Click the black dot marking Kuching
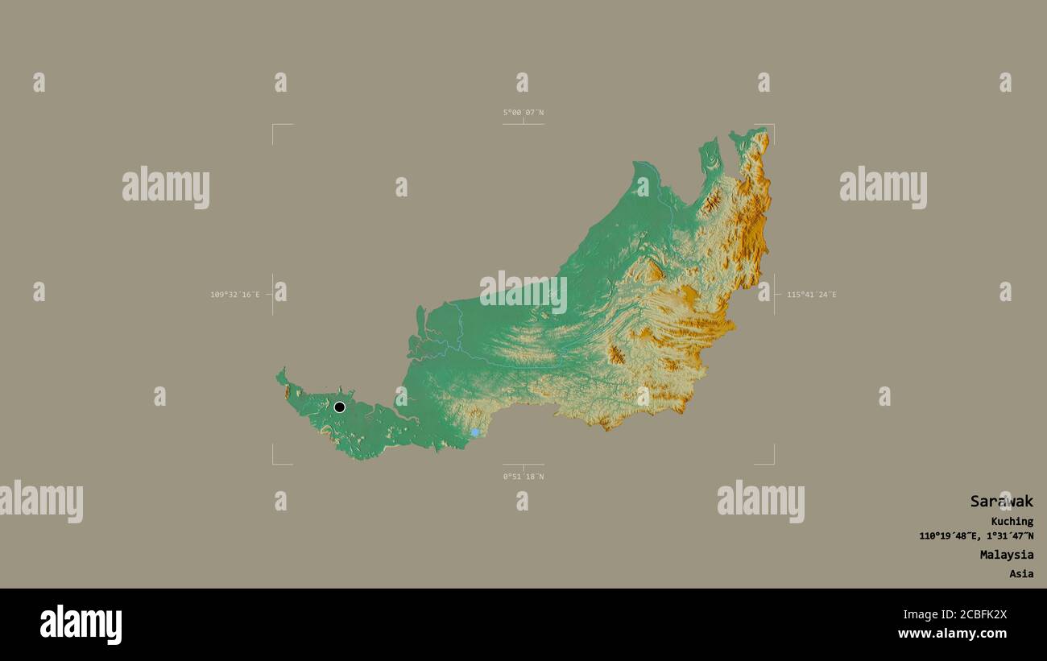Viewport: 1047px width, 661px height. [x=339, y=407]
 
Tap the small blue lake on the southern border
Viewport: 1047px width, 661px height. [x=475, y=432]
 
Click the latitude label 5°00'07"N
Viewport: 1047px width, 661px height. [x=523, y=113]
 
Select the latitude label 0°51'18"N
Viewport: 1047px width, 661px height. [x=523, y=477]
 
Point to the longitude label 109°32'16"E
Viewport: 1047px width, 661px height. [x=235, y=295]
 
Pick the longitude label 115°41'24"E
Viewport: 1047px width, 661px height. [x=811, y=295]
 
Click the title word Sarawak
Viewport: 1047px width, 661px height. [x=1001, y=501]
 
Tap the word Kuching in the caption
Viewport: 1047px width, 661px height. [x=1012, y=521]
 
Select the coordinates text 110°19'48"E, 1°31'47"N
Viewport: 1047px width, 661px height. [x=976, y=536]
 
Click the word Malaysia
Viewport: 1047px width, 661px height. [x=1007, y=555]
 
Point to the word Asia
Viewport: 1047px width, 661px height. [x=1021, y=574]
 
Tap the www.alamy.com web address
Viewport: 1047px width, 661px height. [x=952, y=634]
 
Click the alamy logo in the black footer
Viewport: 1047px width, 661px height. [x=81, y=624]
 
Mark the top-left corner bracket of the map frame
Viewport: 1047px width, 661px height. [x=274, y=126]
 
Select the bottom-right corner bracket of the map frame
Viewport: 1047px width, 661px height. [x=772, y=463]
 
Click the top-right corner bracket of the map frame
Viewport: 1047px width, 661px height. [x=772, y=126]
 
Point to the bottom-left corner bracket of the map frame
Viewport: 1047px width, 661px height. [x=274, y=463]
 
